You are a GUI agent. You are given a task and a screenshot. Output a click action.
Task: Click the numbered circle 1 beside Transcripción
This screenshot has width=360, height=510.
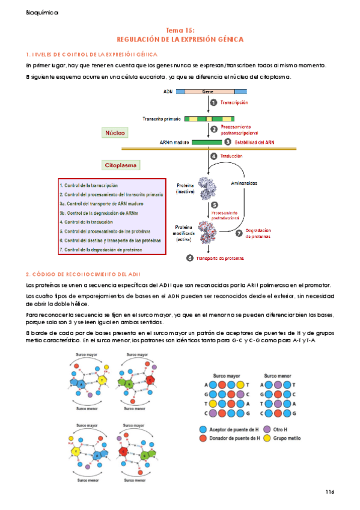pos(213,103)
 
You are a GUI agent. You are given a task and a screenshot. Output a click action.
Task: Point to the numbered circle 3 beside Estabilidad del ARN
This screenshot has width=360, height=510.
pos(228,143)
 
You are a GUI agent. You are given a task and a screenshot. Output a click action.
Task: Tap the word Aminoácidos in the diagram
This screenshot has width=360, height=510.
pos(244,183)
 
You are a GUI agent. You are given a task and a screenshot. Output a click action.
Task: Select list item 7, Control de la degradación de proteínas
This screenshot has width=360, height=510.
pos(101,250)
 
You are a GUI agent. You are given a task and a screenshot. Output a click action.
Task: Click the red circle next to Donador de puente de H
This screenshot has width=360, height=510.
pos(203,438)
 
